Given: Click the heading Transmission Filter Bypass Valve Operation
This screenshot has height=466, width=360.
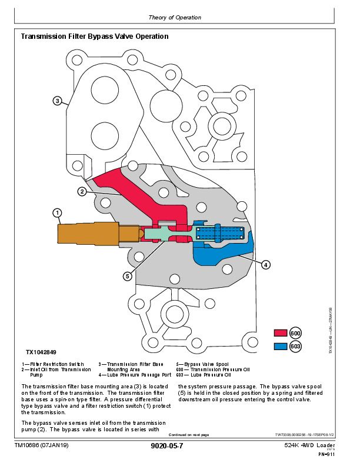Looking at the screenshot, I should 95,36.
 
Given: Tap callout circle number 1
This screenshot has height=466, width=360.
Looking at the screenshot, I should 57,212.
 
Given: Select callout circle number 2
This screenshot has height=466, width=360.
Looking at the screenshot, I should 82,191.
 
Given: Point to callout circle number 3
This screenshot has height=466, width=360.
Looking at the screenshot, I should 57,101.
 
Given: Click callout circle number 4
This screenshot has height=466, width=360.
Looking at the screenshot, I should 265,265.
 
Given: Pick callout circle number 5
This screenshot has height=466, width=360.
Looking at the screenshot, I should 127,276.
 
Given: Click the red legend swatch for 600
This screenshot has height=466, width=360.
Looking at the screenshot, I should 280,333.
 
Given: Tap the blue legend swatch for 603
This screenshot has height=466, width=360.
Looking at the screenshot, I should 280,347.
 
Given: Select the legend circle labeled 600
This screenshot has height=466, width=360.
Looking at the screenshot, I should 295,333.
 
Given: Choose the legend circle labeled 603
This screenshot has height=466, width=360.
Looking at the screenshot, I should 295,347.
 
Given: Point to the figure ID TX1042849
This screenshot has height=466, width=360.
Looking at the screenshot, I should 41,352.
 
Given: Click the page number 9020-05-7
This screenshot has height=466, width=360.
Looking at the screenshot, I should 167,446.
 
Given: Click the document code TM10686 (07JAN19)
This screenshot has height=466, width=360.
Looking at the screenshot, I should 42,446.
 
